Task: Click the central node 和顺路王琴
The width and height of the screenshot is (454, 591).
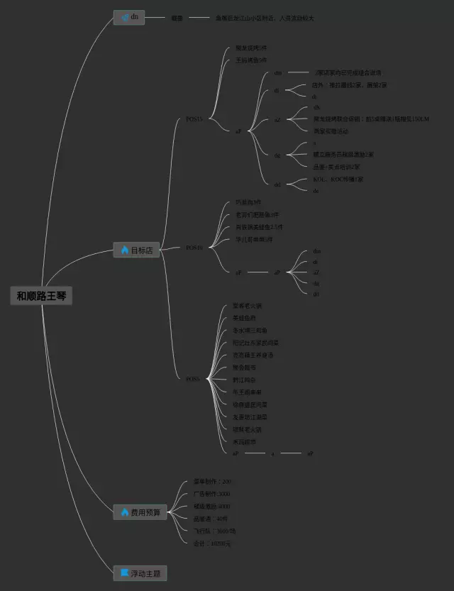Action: click(42, 296)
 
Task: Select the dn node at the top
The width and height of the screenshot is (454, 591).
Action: click(129, 17)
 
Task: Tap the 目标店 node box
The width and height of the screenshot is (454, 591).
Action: click(136, 250)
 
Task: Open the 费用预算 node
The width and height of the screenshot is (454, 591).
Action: click(140, 512)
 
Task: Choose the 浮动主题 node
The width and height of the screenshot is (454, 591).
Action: click(140, 573)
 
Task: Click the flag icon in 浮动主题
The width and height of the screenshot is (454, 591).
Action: click(124, 573)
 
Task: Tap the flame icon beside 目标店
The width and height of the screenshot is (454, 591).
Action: click(124, 250)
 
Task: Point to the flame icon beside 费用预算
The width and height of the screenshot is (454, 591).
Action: click(124, 512)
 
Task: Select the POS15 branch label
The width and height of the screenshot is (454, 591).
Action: click(194, 119)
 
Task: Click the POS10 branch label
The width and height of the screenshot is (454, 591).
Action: click(194, 248)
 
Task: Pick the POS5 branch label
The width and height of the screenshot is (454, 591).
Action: click(192, 379)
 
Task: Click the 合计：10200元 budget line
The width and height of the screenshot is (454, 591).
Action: click(212, 543)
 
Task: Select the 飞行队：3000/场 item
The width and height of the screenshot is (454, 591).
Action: click(214, 531)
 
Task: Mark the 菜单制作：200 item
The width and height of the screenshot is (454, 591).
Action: click(212, 481)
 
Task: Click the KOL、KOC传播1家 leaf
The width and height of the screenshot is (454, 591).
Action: click(338, 179)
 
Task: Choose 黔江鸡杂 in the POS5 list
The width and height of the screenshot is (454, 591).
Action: click(244, 380)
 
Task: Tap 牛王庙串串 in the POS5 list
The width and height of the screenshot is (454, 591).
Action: click(247, 392)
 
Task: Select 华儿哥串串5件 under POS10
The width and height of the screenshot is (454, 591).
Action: click(253, 239)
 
